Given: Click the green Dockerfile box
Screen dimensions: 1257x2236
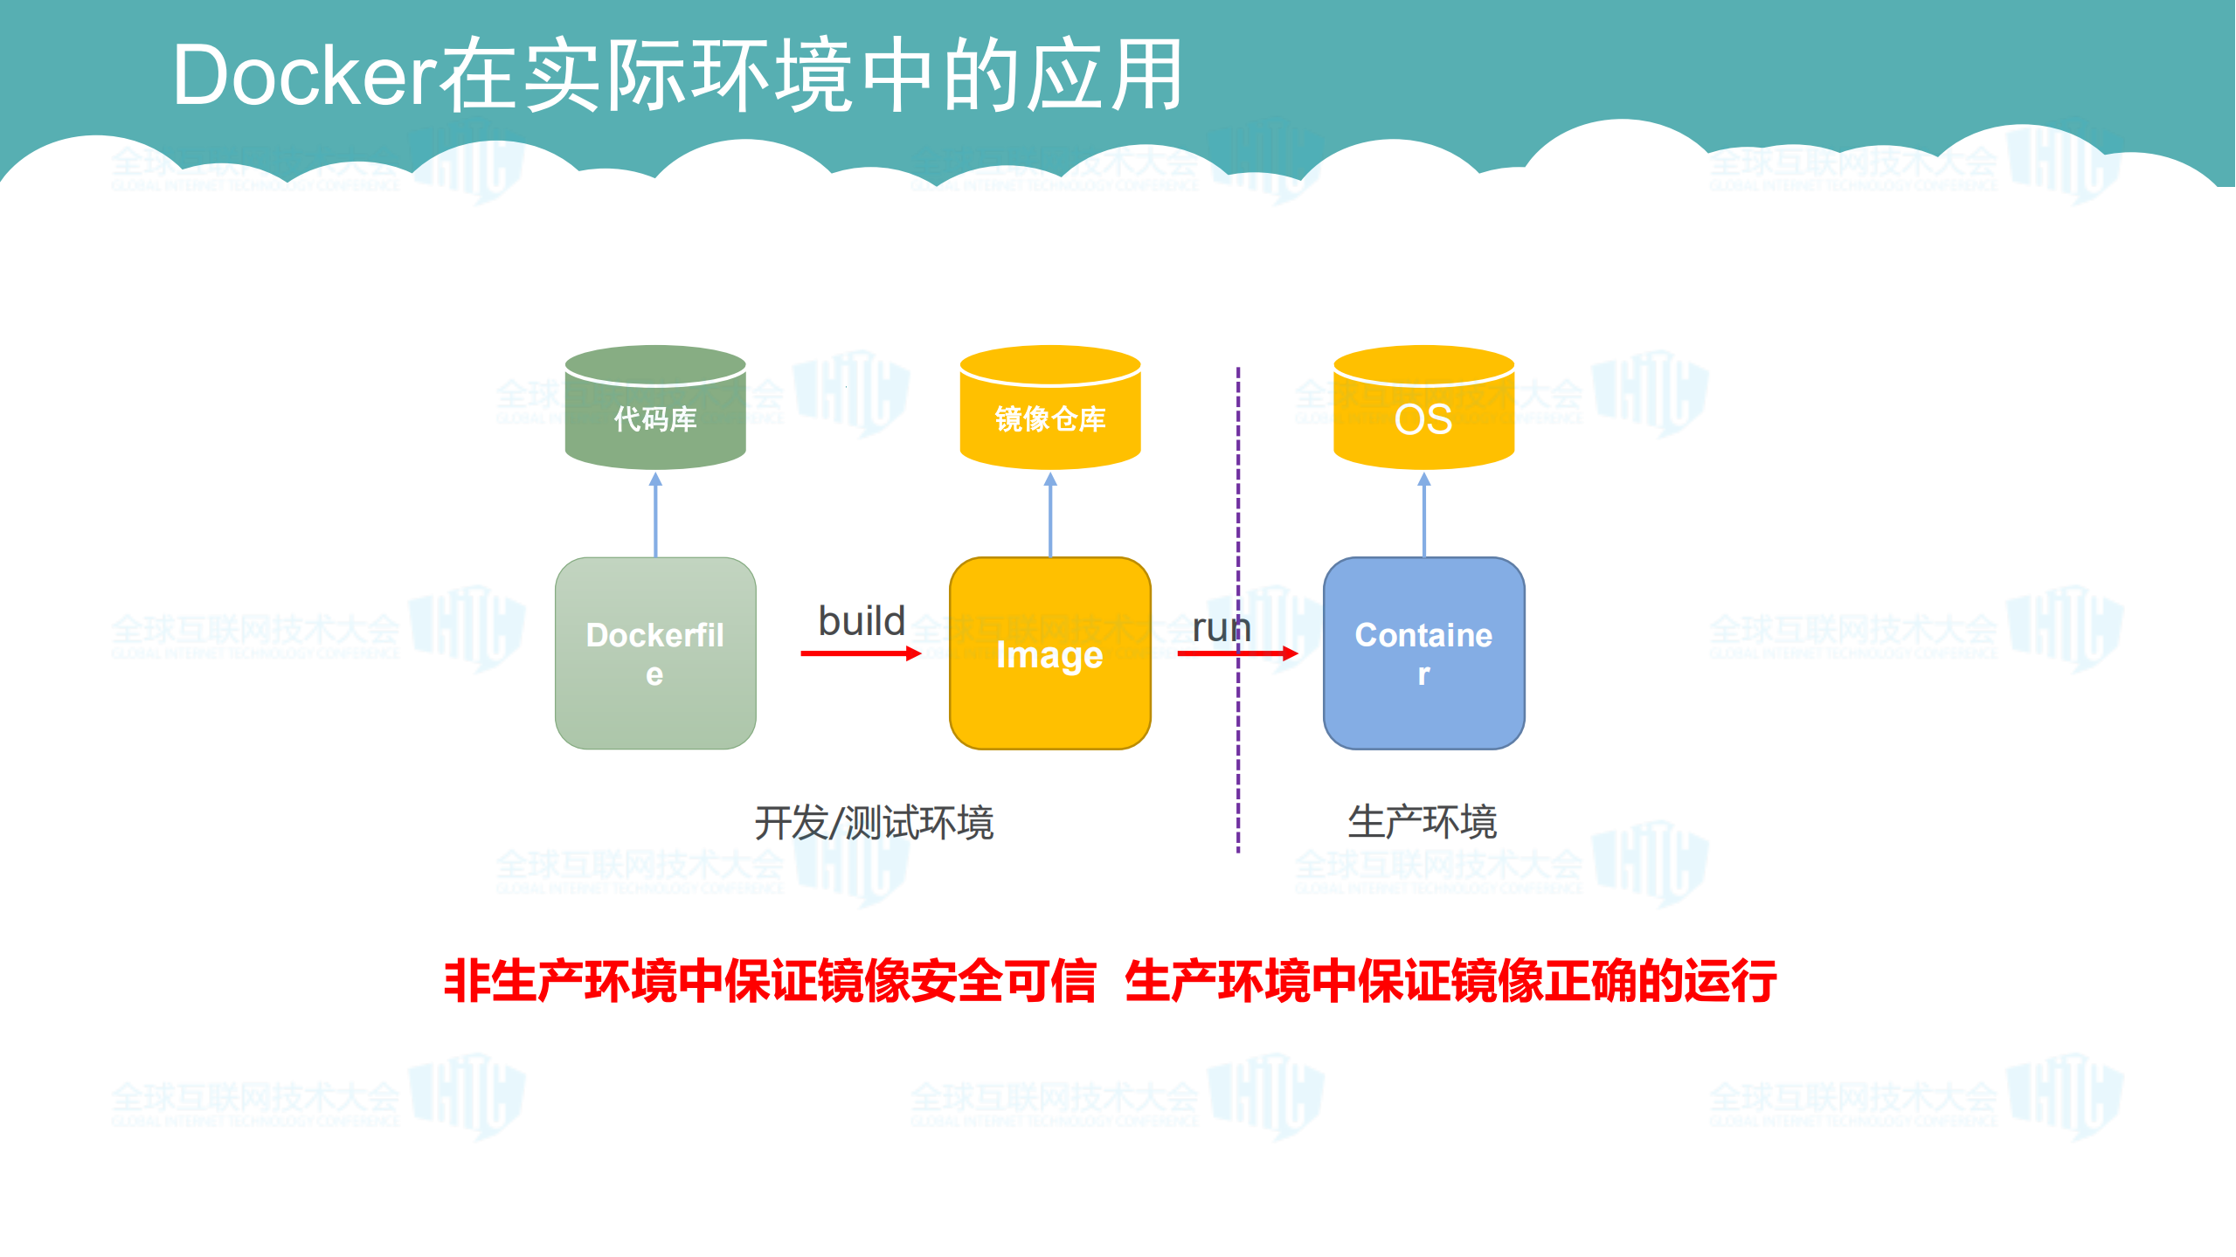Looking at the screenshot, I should tap(655, 653).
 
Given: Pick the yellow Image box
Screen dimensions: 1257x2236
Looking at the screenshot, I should tap(1049, 653).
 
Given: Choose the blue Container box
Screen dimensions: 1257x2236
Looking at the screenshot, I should tap(1423, 653).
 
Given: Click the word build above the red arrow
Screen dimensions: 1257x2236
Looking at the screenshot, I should tap(862, 621).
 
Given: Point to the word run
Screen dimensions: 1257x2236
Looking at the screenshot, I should tap(1221, 627).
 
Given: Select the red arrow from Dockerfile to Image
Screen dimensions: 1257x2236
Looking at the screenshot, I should tap(860, 653).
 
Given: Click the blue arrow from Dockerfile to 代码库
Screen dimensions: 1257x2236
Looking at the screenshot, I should tap(656, 515).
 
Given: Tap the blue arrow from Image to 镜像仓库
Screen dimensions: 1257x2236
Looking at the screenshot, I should tap(1050, 515).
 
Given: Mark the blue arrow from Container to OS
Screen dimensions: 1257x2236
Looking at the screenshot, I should tap(1424, 515).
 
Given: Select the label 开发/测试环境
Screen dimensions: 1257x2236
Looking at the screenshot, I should tap(874, 823).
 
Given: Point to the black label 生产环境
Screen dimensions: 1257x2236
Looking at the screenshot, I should tap(1423, 822).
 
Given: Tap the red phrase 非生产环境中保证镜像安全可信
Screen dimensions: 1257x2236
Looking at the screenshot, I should tap(769, 980).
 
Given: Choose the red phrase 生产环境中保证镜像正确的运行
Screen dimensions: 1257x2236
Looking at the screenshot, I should tap(1450, 980).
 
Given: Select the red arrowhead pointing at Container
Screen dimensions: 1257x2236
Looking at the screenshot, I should tap(1290, 653).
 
